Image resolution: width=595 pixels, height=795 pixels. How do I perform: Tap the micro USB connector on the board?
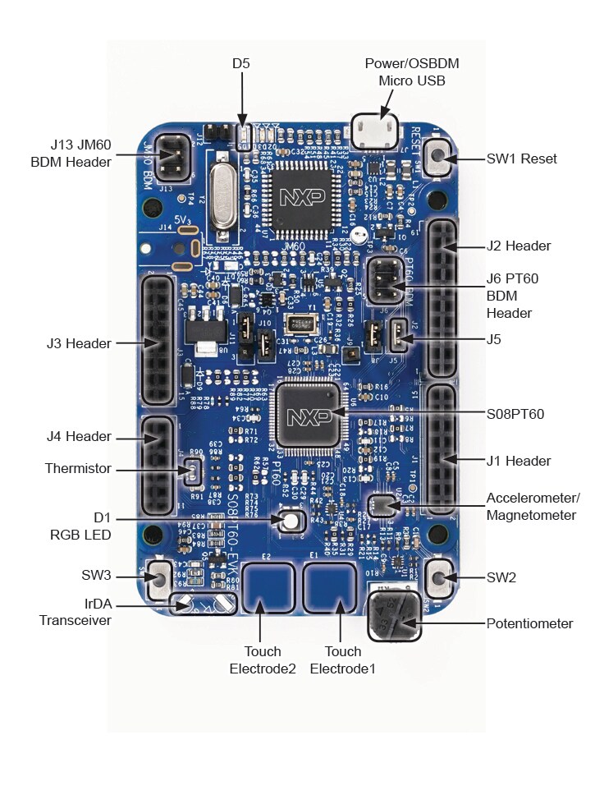(x=374, y=129)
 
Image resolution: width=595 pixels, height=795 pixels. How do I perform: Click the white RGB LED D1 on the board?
(x=290, y=521)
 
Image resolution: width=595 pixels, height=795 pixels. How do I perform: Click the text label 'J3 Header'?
(x=78, y=343)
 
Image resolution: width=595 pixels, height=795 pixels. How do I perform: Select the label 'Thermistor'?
(x=78, y=468)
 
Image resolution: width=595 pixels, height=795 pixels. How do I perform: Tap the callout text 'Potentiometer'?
(x=529, y=623)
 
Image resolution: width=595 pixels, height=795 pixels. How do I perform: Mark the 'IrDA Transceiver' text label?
(x=75, y=613)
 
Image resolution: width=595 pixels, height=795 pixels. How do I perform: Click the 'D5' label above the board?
(x=241, y=62)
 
